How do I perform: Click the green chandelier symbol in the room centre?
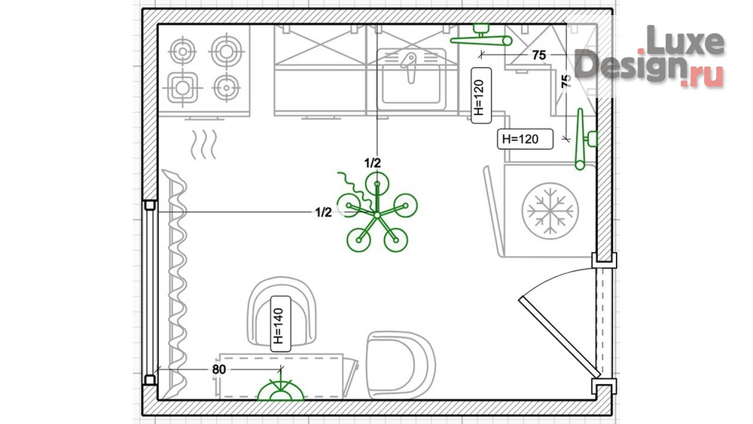[377, 214]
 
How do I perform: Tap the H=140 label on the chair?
[280, 324]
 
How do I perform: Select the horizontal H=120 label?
[525, 139]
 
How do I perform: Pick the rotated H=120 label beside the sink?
[480, 96]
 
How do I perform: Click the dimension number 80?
[219, 369]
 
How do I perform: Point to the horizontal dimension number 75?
[539, 55]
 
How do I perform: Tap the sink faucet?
[409, 67]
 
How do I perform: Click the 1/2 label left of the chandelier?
[323, 212]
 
